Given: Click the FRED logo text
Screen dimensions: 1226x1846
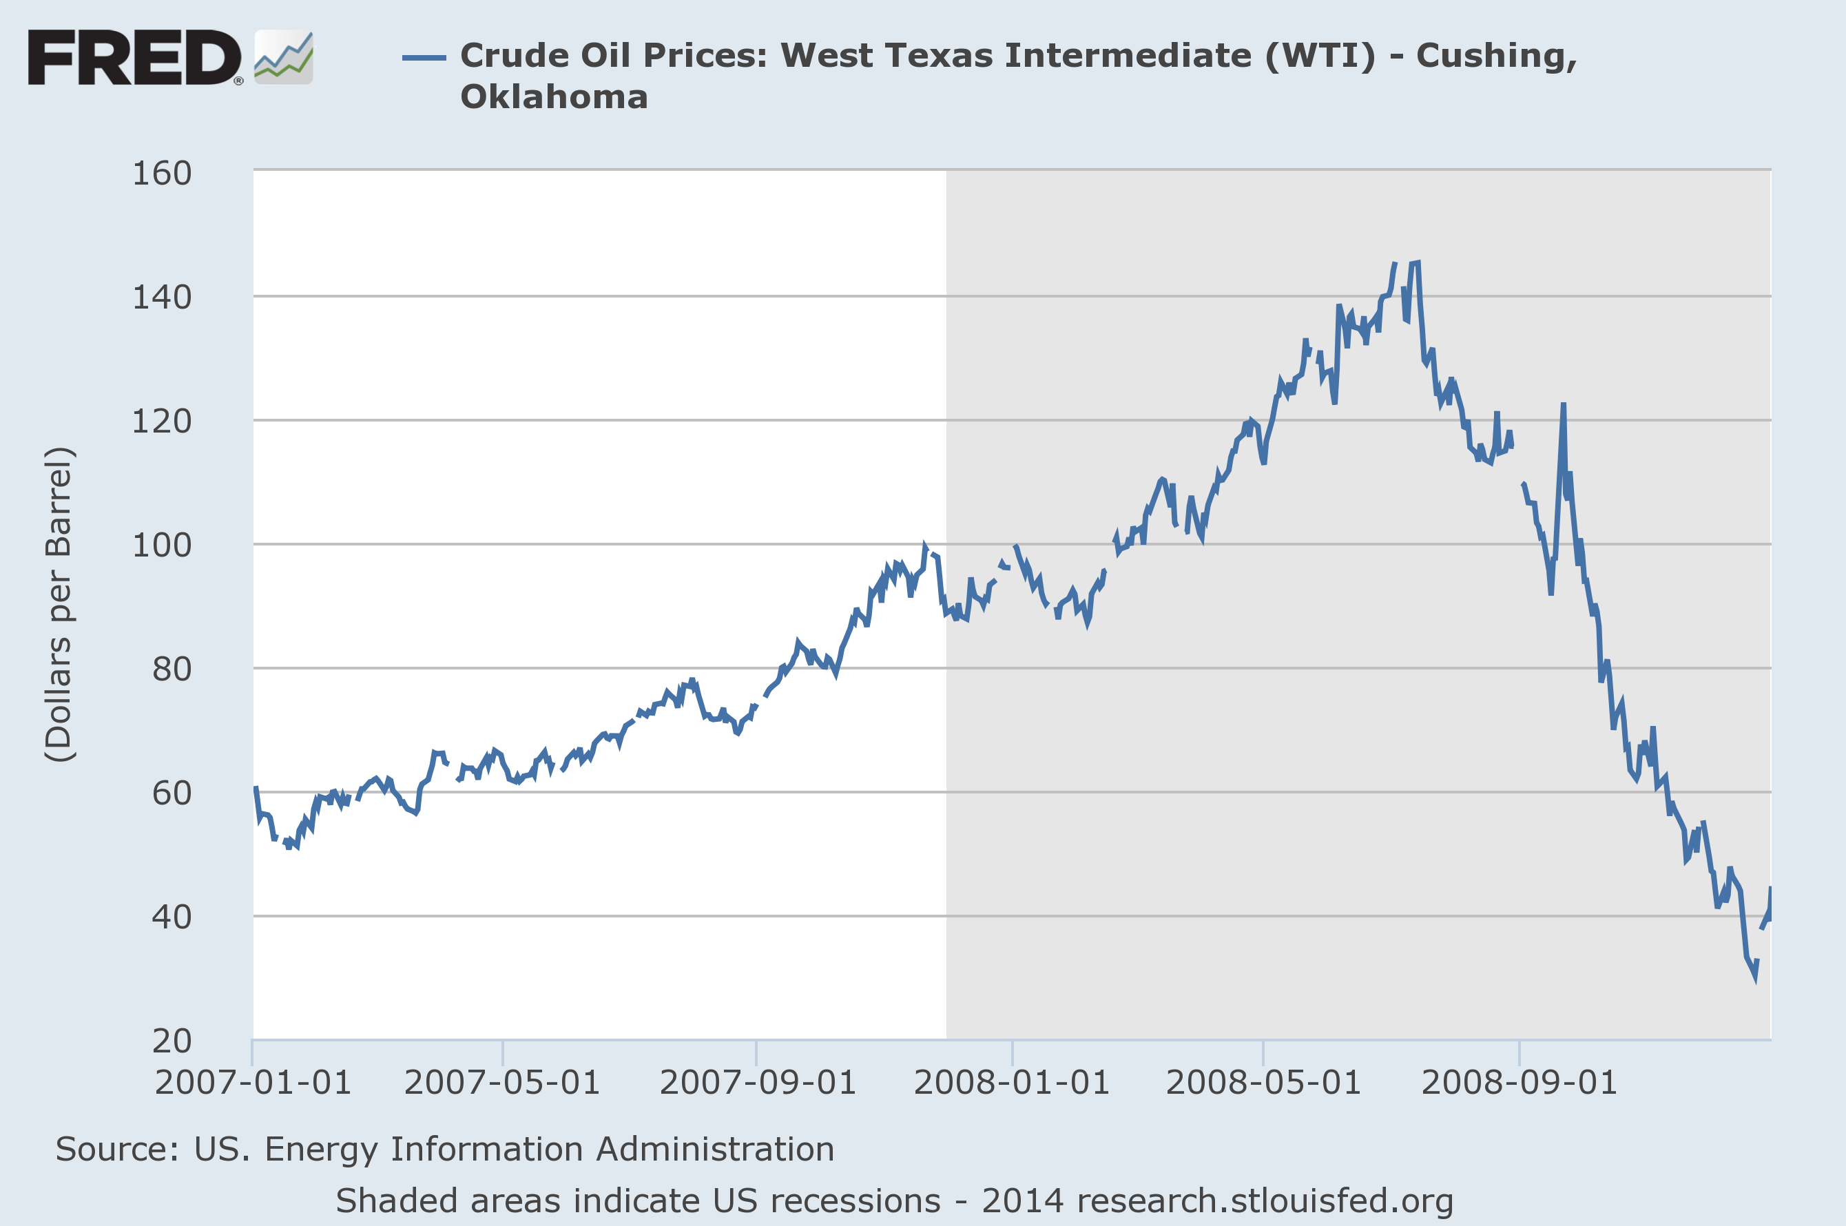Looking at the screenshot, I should (134, 57).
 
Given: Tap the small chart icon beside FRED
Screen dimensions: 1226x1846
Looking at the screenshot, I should (284, 57).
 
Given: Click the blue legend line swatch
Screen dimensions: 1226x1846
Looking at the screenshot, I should (424, 58).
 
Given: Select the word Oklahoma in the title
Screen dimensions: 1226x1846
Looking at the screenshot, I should (554, 97).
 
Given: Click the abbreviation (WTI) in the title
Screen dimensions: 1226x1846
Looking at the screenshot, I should (1320, 56).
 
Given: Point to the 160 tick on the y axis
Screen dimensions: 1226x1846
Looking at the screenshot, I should (162, 174).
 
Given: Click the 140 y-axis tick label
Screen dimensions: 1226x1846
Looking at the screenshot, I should (162, 298).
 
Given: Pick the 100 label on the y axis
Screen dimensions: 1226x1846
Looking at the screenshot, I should (162, 546).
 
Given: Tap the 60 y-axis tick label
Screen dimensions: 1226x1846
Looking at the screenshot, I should (172, 793).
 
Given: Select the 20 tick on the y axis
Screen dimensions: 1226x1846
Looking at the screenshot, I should (172, 1041).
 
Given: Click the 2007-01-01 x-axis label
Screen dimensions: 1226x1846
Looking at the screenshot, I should (253, 1083).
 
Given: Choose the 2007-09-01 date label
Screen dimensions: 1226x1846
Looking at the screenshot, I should (758, 1083).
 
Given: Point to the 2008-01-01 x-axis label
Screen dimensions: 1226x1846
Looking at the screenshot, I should (1012, 1083).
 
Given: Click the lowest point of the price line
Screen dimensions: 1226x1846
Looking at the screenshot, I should (1755, 977).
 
